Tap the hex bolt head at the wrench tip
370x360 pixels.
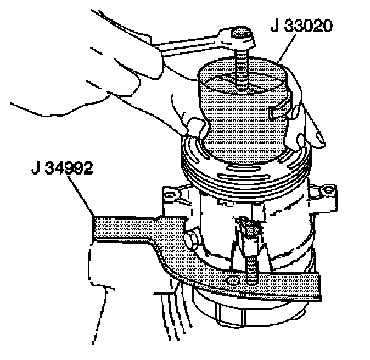point(242,36)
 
